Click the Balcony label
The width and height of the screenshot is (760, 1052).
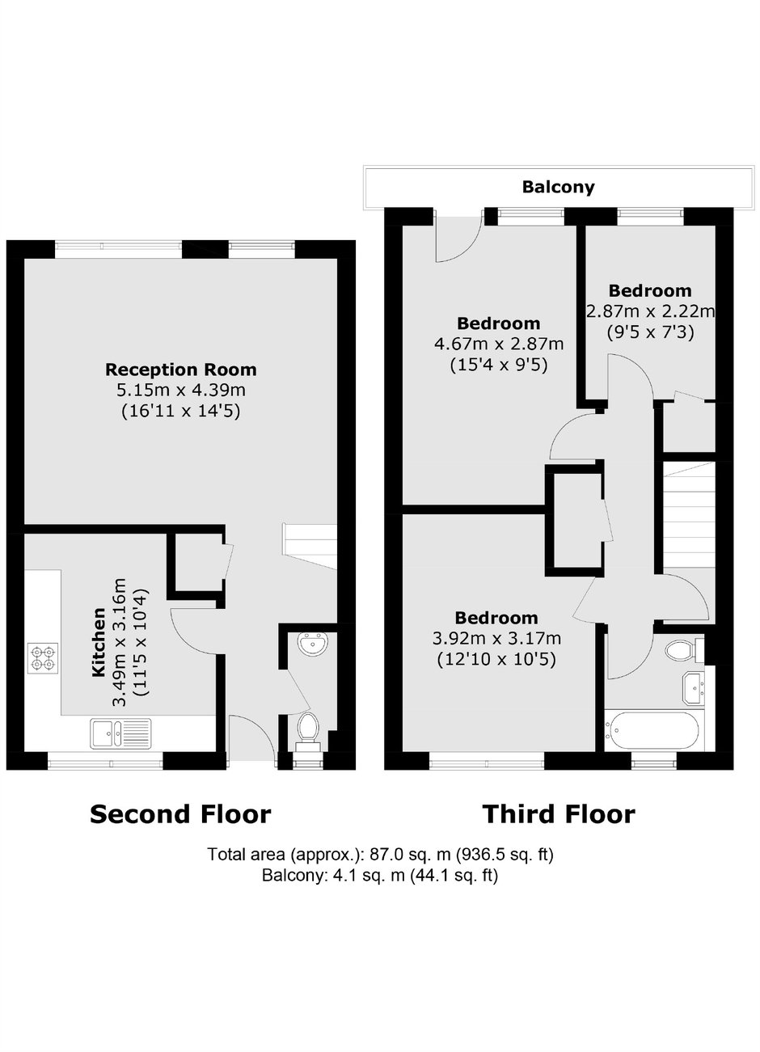(x=558, y=187)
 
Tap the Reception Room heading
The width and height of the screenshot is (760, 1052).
(x=181, y=370)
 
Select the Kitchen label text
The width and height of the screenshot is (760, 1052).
(x=98, y=643)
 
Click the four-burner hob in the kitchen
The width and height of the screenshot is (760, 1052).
(x=43, y=658)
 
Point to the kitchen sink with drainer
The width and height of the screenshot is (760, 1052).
(x=120, y=733)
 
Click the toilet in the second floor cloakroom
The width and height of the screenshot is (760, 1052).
(x=308, y=732)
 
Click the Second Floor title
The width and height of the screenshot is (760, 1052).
(x=180, y=814)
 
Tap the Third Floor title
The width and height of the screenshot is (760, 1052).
(x=559, y=814)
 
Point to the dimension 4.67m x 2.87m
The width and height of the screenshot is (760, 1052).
(x=499, y=344)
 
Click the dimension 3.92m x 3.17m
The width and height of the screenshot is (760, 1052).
(x=496, y=638)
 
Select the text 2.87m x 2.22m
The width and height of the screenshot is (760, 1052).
(x=651, y=311)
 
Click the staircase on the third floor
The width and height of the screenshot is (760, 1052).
(x=688, y=517)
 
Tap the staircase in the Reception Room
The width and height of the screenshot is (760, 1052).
(x=309, y=546)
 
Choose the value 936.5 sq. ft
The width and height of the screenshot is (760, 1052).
(x=505, y=854)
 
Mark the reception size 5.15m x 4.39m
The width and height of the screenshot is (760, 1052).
(x=181, y=390)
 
